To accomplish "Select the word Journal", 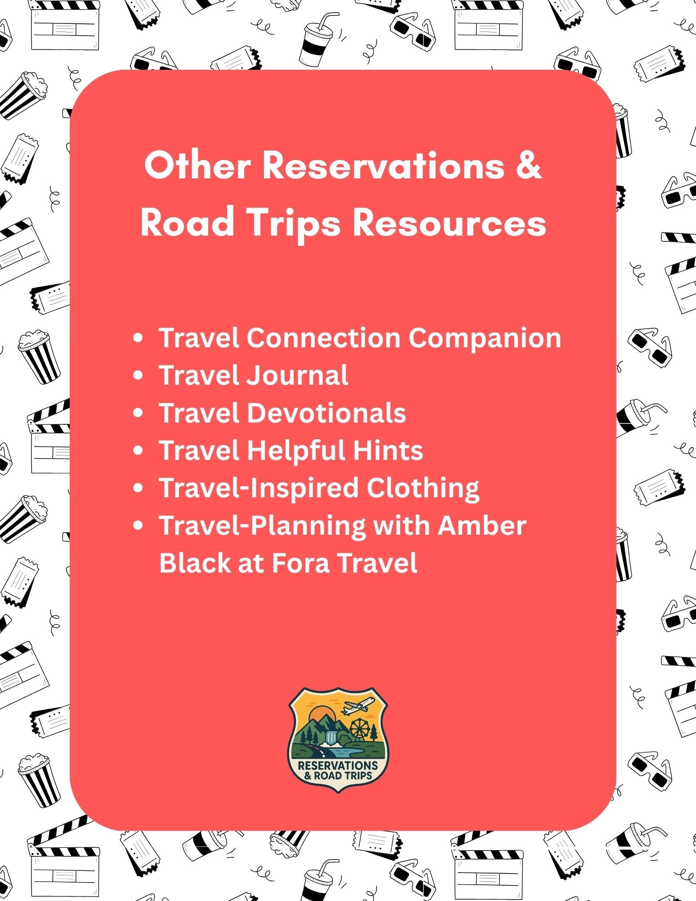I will tap(297, 375).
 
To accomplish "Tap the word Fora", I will tap(300, 563).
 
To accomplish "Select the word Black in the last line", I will tap(195, 563).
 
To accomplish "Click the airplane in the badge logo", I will tap(359, 705).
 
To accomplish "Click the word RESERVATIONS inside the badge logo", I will tap(338, 765).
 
